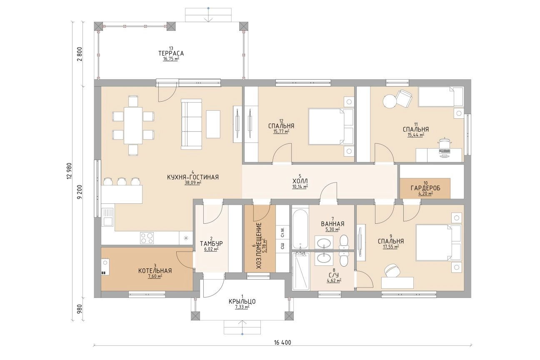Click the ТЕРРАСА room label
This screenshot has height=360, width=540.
[x=171, y=53]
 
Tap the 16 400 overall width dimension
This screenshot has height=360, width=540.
[x=282, y=342]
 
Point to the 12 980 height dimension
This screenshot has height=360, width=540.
[x=69, y=172]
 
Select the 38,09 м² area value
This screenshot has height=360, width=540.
[x=193, y=183]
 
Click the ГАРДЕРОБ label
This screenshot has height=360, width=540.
[x=425, y=188]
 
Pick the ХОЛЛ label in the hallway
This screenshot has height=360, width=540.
[x=300, y=181]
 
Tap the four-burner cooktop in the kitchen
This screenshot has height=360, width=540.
[x=147, y=238]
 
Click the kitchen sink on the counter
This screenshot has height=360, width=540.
[x=107, y=217]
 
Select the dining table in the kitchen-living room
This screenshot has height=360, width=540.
[x=133, y=125]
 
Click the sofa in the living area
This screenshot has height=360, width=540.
[x=191, y=124]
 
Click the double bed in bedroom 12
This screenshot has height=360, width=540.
[x=331, y=127]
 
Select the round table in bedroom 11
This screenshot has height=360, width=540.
[x=389, y=101]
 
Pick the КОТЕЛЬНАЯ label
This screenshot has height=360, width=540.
[x=155, y=271]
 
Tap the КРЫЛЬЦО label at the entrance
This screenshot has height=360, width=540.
[x=242, y=301]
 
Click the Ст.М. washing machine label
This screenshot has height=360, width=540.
[x=282, y=232]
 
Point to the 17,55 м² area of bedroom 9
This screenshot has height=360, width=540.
[x=391, y=246]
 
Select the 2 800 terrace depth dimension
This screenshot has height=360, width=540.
[x=80, y=54]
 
